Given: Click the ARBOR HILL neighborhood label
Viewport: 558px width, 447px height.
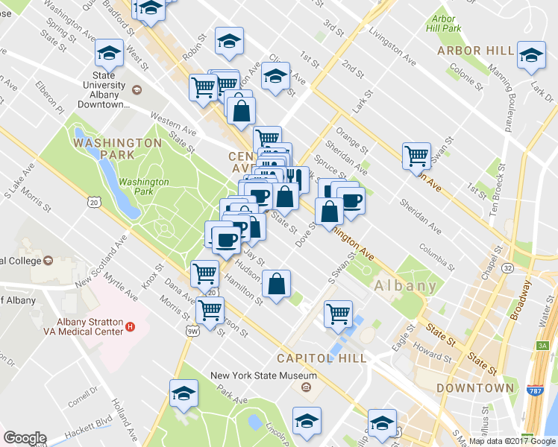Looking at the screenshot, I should pyautogui.click(x=476, y=51).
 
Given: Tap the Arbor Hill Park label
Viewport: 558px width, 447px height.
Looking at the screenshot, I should pyautogui.click(x=443, y=23).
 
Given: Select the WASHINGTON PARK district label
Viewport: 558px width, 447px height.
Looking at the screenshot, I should pyautogui.click(x=118, y=148).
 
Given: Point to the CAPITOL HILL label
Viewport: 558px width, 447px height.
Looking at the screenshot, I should pyautogui.click(x=322, y=358).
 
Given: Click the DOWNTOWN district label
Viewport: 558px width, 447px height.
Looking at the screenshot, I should pyautogui.click(x=475, y=388).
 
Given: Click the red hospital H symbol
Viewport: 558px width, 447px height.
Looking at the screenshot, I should pyautogui.click(x=131, y=326).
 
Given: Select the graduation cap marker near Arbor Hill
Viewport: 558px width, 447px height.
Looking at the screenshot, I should pyautogui.click(x=531, y=57).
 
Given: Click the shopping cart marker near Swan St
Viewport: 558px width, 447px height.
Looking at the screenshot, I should pyautogui.click(x=416, y=156).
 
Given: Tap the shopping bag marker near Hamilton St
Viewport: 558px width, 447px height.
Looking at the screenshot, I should pyautogui.click(x=276, y=285).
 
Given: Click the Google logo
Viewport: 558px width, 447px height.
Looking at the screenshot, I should pyautogui.click(x=25, y=439).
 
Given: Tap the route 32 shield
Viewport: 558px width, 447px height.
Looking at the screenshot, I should pyautogui.click(x=507, y=267).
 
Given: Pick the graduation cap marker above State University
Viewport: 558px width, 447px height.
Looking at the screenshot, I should pyautogui.click(x=110, y=54).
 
